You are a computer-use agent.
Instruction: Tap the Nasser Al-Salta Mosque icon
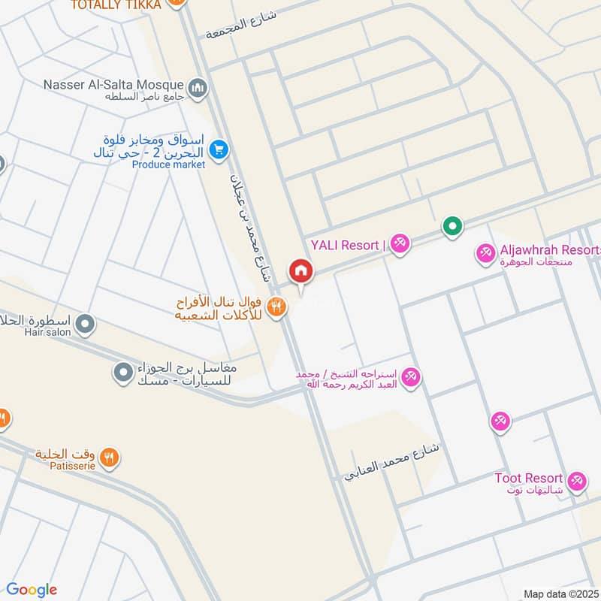click(x=198, y=89)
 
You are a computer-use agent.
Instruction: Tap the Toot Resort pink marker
click(x=576, y=480)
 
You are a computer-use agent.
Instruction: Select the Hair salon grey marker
click(x=86, y=324)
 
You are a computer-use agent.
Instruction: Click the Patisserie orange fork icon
click(x=110, y=456)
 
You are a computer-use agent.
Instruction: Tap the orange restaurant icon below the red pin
click(x=276, y=306)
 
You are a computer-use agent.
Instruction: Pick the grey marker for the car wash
click(x=122, y=371)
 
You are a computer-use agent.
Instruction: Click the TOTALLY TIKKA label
click(x=116, y=5)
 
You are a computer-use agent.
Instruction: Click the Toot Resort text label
click(x=528, y=478)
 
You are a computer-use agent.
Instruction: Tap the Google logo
click(x=32, y=590)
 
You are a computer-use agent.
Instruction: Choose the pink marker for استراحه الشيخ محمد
click(x=410, y=376)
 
